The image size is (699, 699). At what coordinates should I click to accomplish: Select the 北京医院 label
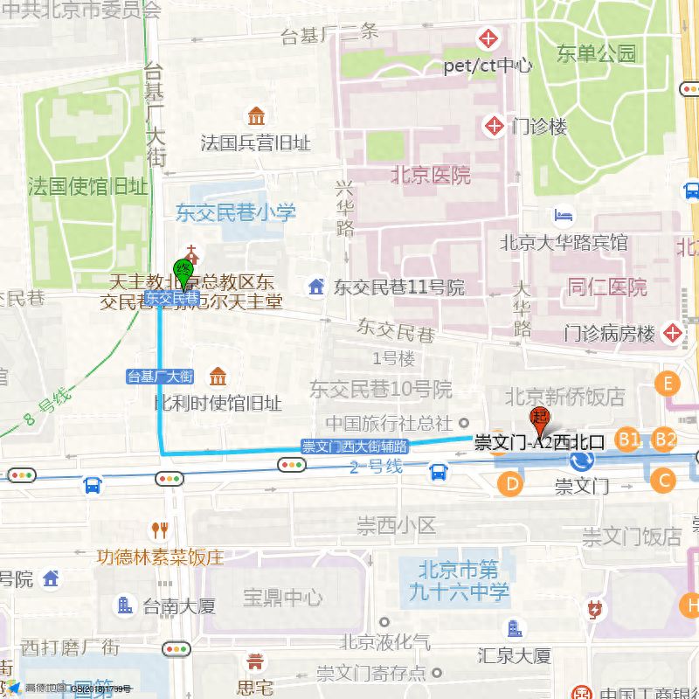point(430,175)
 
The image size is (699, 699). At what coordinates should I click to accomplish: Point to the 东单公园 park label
point(597,54)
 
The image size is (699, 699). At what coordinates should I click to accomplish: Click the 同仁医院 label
point(607,287)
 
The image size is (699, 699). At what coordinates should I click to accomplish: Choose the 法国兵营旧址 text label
point(255,142)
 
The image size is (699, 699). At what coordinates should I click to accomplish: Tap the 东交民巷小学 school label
point(236,212)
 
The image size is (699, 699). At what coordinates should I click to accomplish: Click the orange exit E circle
point(668,384)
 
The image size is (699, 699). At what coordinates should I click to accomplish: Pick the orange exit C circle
point(663,479)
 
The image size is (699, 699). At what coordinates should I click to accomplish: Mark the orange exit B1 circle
point(628,439)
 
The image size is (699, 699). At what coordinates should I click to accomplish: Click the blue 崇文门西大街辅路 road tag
point(355,446)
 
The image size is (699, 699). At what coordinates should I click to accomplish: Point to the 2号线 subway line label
point(376,467)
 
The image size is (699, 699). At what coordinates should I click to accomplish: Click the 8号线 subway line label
point(48,404)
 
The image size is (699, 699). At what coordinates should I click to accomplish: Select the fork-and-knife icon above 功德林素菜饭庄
point(159,529)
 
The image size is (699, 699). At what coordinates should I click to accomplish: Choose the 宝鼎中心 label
point(282,598)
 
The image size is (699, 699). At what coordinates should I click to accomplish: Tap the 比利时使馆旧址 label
point(218,403)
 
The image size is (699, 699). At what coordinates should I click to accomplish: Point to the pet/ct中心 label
point(488,66)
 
